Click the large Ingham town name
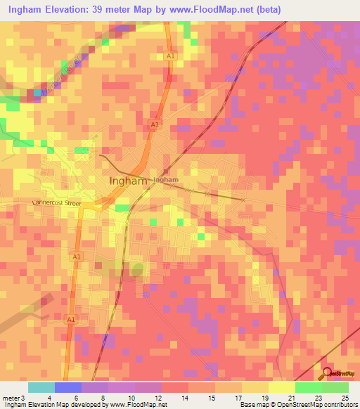(x=129, y=181)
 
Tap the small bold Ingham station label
(x=165, y=180)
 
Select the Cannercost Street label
(x=57, y=203)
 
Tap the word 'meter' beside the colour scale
(x=9, y=397)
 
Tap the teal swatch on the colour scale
(x=41, y=387)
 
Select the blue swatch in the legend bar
(x=68, y=387)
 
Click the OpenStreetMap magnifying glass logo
(x=328, y=375)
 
